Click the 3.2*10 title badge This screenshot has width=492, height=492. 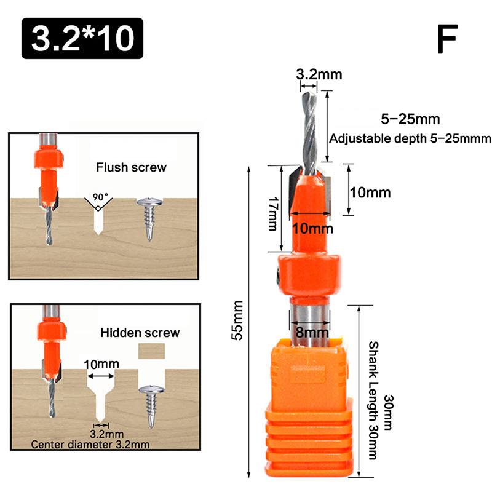[x=82, y=38]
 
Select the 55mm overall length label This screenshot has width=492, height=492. [x=239, y=319]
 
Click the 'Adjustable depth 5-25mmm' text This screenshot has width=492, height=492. [x=410, y=138]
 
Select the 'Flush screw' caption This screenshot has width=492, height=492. [x=131, y=167]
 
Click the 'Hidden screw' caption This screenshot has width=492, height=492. [x=140, y=333]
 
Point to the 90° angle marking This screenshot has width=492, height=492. [x=100, y=198]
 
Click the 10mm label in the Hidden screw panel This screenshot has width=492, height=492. [x=101, y=363]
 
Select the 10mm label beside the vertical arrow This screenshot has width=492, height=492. [x=370, y=192]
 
